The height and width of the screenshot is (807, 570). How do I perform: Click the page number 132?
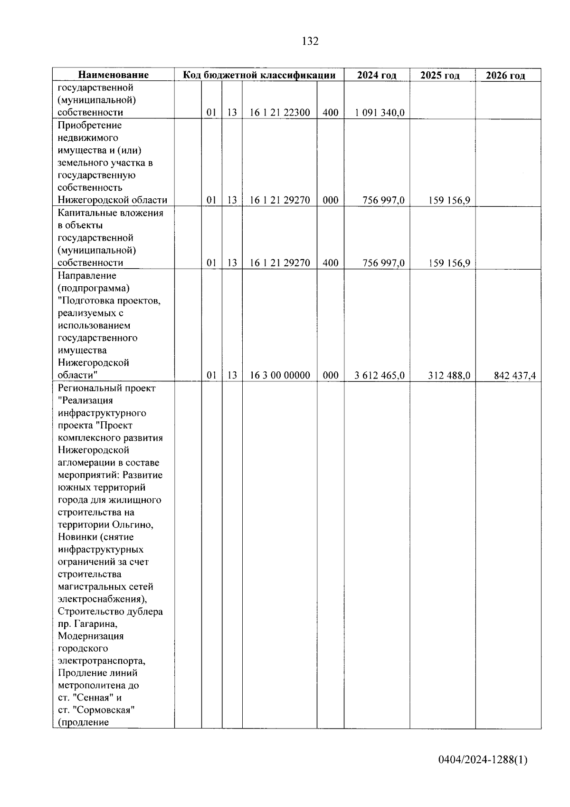[310, 41]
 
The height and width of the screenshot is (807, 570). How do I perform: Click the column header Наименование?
[113, 75]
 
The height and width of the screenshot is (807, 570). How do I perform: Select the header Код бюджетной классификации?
[259, 75]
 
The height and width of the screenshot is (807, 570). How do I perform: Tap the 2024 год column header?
[377, 75]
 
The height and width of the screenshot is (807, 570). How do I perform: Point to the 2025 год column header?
[440, 75]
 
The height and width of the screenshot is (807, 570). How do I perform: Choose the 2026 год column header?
[505, 76]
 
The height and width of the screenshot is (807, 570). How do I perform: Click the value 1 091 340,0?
[380, 113]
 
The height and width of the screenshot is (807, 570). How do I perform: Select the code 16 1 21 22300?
[280, 113]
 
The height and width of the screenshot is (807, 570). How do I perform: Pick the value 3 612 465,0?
[380, 376]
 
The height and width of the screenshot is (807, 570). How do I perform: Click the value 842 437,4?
[515, 376]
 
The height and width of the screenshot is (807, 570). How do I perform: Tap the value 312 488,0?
[449, 376]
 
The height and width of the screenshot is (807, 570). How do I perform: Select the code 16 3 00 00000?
[280, 376]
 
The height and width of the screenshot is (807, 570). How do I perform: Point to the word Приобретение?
[90, 126]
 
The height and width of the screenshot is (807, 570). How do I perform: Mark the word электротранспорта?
[101, 661]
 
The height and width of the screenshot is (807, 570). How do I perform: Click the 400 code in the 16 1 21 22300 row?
[330, 113]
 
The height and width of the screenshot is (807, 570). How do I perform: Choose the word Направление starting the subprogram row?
[87, 276]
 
